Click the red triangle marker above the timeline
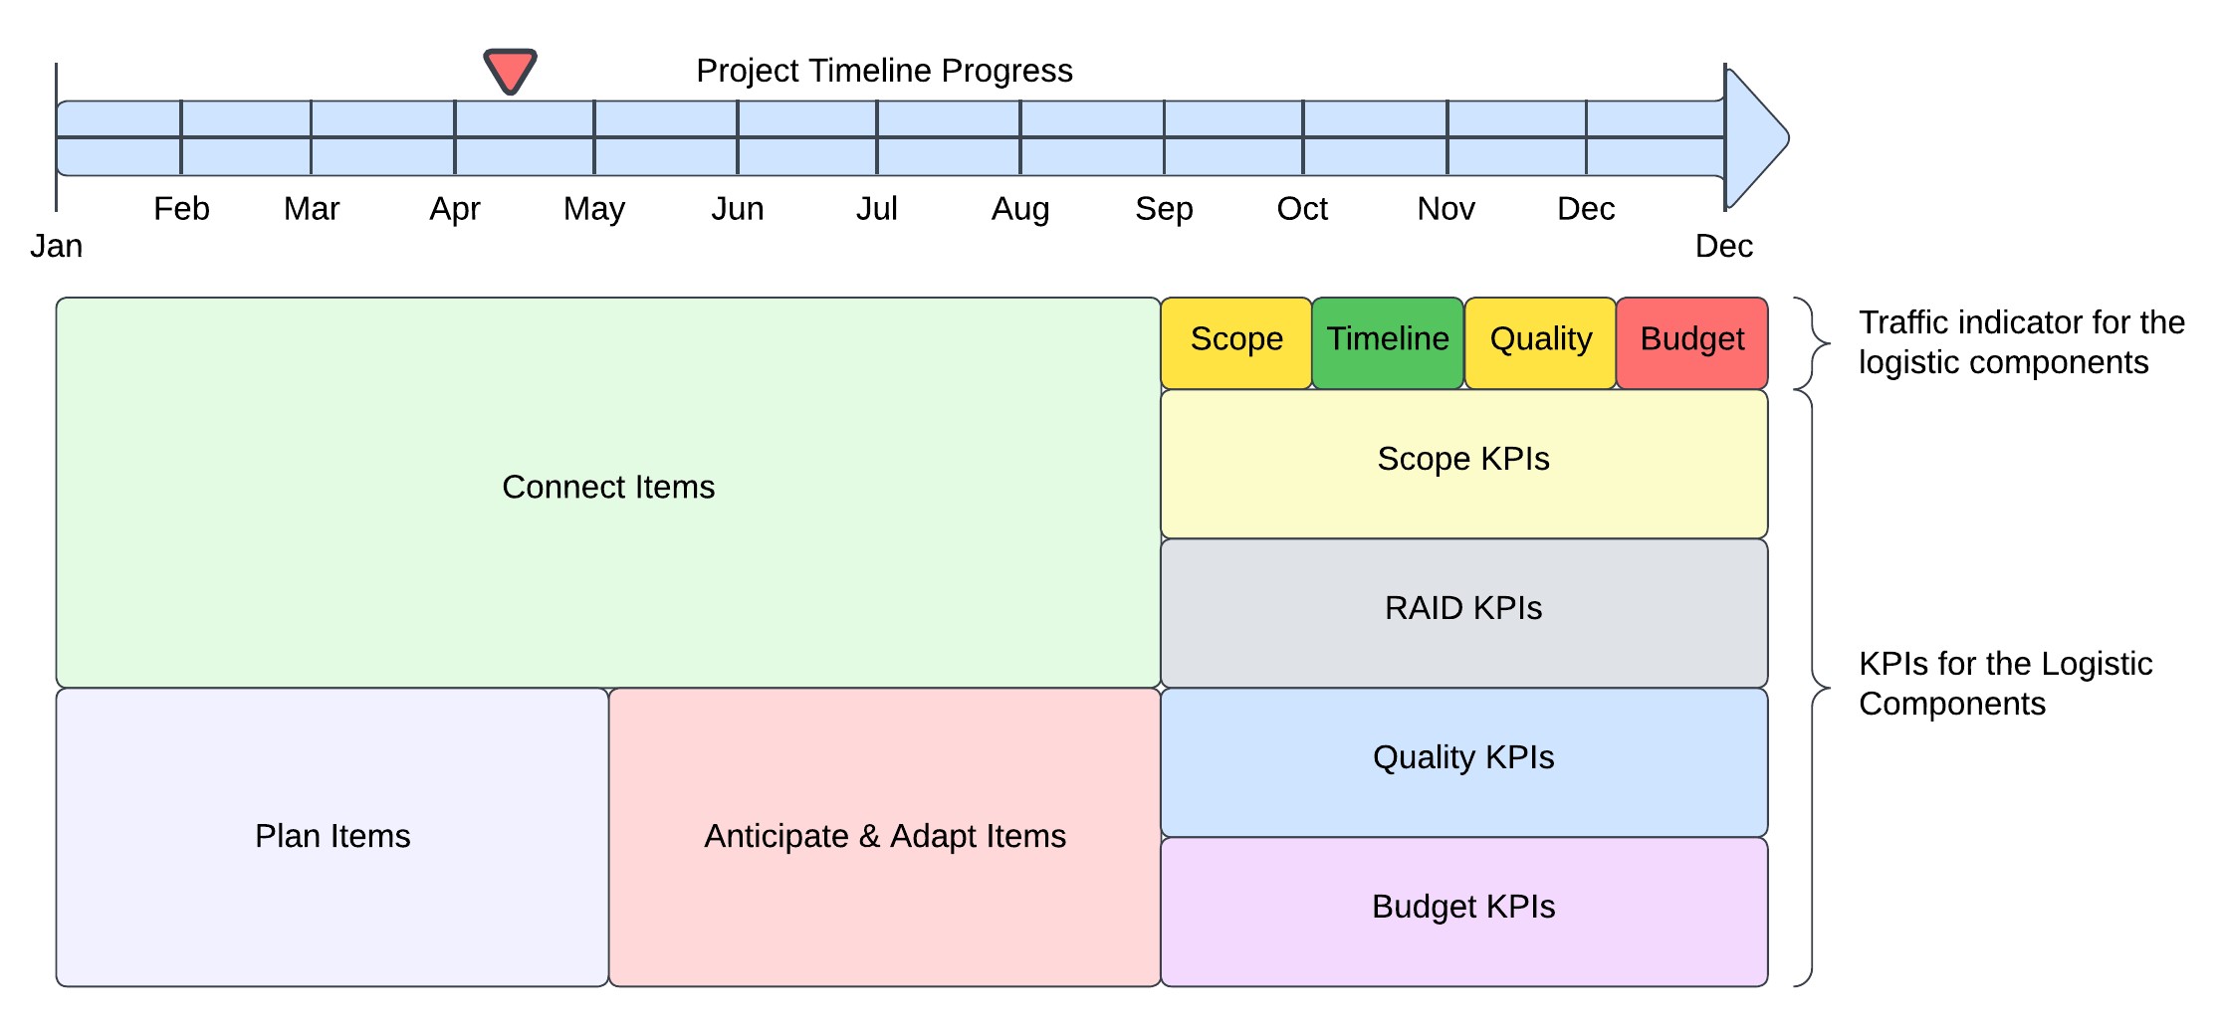click(x=510, y=70)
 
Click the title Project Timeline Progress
click(x=884, y=71)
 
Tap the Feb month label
click(x=181, y=209)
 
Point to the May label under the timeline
click(x=594, y=210)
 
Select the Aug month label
click(x=1020, y=210)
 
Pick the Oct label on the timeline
click(x=1302, y=209)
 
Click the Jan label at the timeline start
click(x=56, y=246)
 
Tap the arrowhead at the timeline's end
click(x=1757, y=138)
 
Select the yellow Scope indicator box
click(x=1236, y=343)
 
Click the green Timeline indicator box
click(x=1388, y=343)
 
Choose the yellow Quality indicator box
click(x=1540, y=343)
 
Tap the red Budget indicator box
click(x=1692, y=343)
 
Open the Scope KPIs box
click(x=1464, y=464)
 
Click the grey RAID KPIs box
click(x=1464, y=613)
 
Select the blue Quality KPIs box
click(x=1464, y=762)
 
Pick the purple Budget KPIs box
click(x=1464, y=912)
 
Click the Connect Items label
click(x=608, y=487)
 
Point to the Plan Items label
click(x=333, y=836)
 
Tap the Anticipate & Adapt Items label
click(x=885, y=836)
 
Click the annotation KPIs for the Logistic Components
click(x=2005, y=684)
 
